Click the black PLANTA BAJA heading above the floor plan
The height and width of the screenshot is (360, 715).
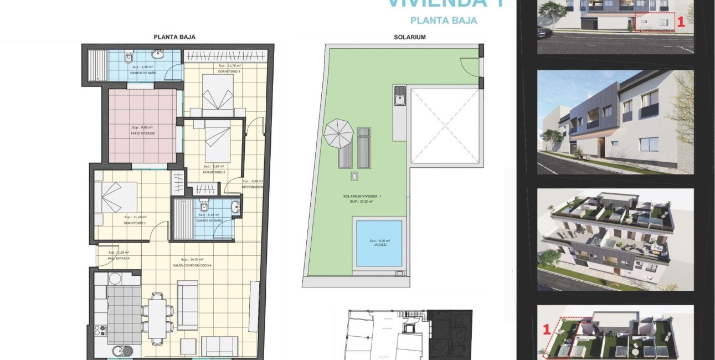[174, 37]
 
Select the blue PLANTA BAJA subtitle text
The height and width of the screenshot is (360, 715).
[443, 20]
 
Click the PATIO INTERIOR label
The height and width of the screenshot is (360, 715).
[142, 133]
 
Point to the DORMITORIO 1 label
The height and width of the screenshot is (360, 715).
[135, 223]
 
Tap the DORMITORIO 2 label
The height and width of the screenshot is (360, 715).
[214, 172]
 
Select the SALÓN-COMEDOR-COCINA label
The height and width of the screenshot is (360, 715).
[192, 265]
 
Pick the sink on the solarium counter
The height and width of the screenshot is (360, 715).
[400, 100]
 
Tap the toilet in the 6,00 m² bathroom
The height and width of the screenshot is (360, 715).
[129, 56]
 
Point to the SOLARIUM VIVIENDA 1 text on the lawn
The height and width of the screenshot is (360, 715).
[362, 197]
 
